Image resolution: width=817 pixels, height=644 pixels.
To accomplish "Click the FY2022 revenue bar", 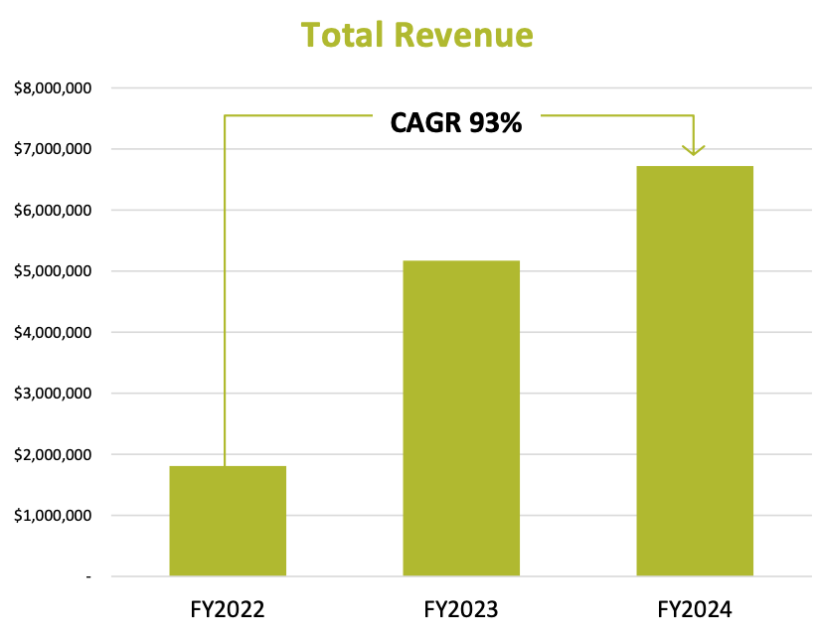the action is click(228, 521).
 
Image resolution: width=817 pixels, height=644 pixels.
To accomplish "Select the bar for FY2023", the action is click(461, 417).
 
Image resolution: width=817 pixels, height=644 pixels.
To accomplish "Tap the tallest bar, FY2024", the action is click(695, 371).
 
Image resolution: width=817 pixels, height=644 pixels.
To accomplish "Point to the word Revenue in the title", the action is click(464, 35).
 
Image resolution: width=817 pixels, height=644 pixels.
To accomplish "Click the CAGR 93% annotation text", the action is click(456, 123).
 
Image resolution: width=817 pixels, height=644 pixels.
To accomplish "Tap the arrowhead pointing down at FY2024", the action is click(694, 150).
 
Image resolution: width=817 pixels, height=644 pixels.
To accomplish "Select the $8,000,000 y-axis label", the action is click(53, 88).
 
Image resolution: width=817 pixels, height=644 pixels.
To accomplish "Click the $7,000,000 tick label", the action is click(53, 149).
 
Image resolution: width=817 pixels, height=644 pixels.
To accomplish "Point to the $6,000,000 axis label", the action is click(53, 210).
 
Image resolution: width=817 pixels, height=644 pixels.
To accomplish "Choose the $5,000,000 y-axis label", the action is click(53, 271).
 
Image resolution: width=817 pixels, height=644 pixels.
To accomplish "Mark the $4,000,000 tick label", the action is click(53, 332).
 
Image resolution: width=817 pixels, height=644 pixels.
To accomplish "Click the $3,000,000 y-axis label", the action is click(53, 393).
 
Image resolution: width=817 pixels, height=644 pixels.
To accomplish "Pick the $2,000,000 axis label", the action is click(53, 454).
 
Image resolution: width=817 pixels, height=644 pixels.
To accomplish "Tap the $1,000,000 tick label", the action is click(53, 516).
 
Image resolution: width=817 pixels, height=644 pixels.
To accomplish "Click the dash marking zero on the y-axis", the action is click(88, 576).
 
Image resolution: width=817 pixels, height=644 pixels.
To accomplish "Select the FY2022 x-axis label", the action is click(228, 609).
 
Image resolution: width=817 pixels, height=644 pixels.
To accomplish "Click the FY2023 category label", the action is click(461, 609).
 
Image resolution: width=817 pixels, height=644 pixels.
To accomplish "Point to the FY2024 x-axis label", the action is click(695, 609).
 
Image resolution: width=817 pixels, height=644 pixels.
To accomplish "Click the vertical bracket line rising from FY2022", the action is click(225, 291).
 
